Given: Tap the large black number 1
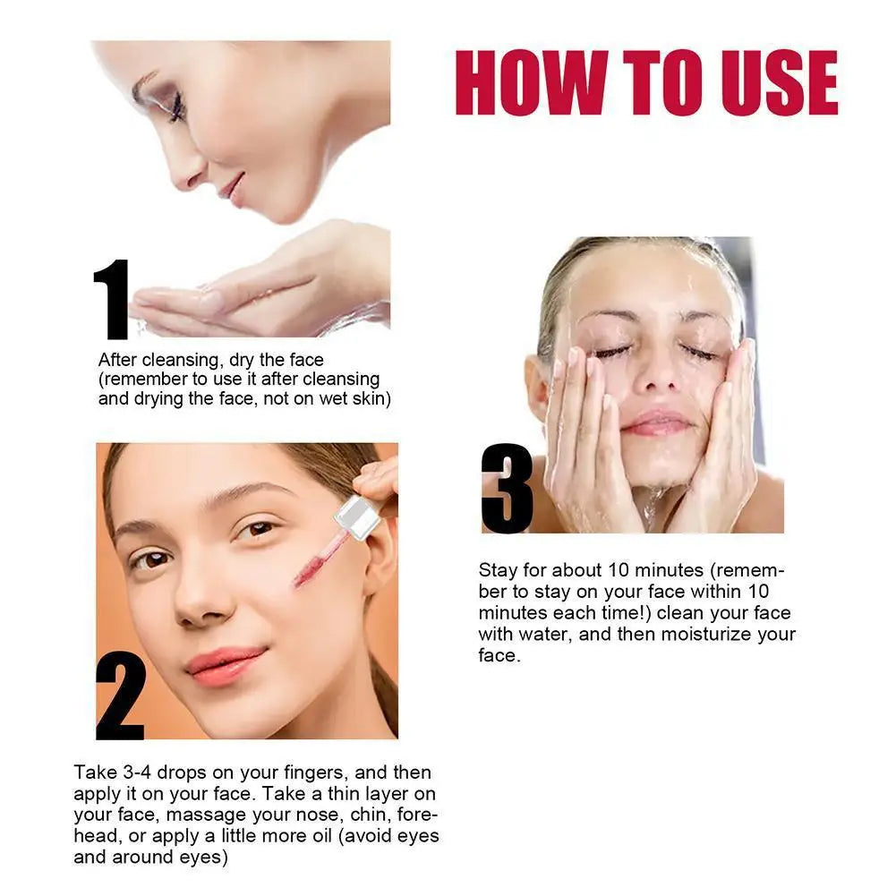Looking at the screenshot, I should (113, 300).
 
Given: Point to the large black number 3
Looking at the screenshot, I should (508, 488).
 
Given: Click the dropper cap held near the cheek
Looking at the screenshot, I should (355, 518).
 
